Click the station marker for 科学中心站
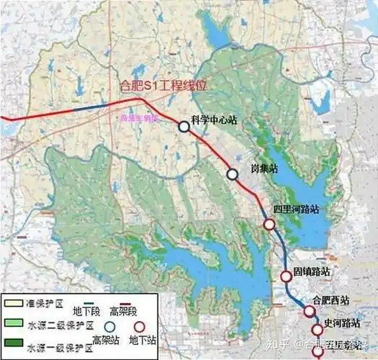(184, 127)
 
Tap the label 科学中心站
(214, 120)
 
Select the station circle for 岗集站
(232, 174)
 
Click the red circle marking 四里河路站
(269, 224)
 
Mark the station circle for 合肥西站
(310, 311)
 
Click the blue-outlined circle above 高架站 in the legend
(108, 323)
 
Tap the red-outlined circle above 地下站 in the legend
(139, 323)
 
